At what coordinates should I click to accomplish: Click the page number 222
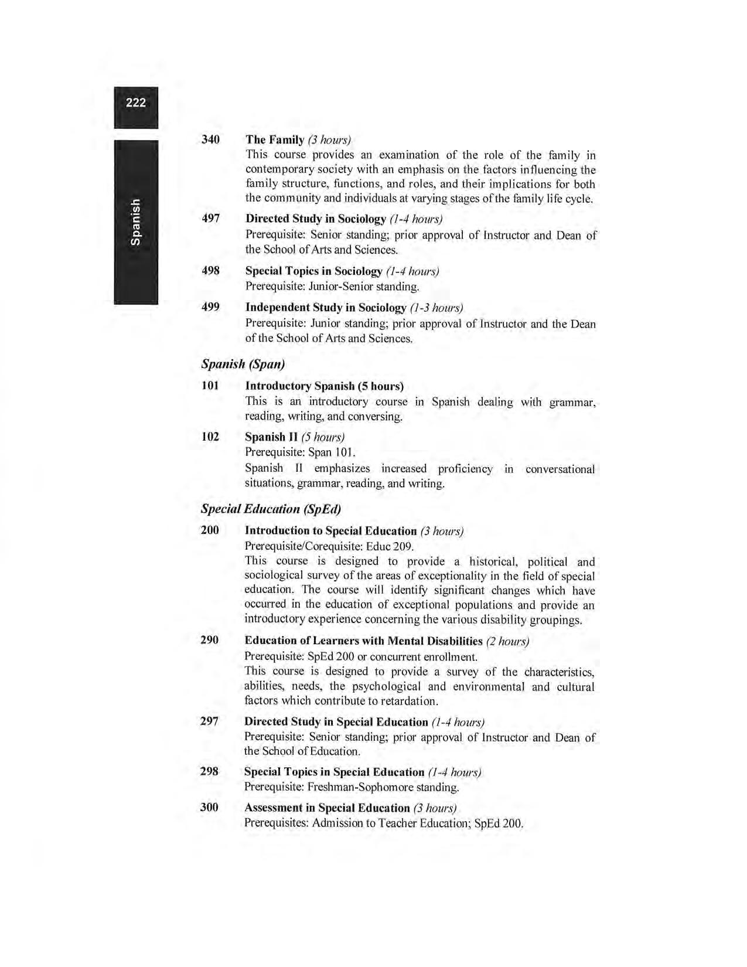pyautogui.click(x=135, y=103)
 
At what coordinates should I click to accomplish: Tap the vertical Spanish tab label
pyautogui.click(x=135, y=222)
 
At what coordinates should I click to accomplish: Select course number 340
pyautogui.click(x=210, y=139)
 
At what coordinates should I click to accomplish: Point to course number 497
pyautogui.click(x=210, y=219)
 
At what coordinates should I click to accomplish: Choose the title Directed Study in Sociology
pyautogui.click(x=316, y=219)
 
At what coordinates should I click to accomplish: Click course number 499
pyautogui.click(x=210, y=307)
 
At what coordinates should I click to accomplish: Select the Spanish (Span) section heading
pyautogui.click(x=243, y=364)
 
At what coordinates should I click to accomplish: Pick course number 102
pyautogui.click(x=210, y=437)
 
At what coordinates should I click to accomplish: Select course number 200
pyautogui.click(x=210, y=530)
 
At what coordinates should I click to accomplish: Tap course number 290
pyautogui.click(x=209, y=640)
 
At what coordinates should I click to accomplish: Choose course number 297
pyautogui.click(x=209, y=721)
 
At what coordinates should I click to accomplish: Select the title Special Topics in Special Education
pyautogui.click(x=334, y=772)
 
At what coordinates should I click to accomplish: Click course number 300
pyautogui.click(x=209, y=808)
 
